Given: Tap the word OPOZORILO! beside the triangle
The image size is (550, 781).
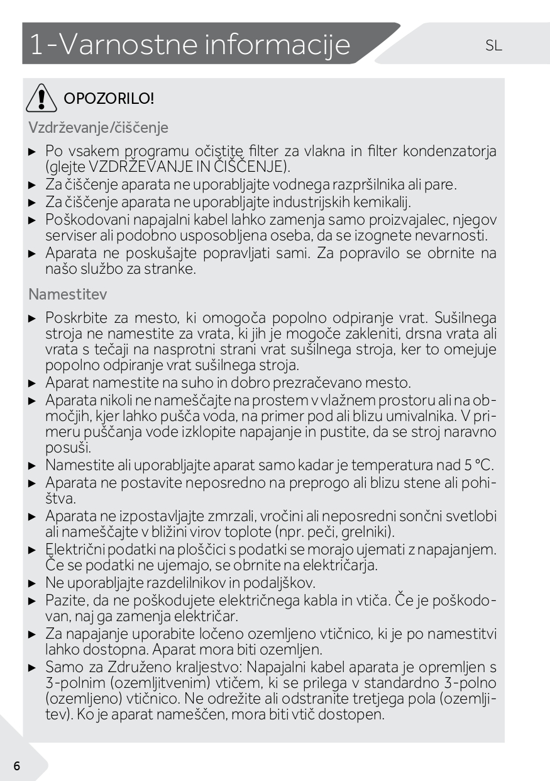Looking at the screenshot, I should pos(105,99).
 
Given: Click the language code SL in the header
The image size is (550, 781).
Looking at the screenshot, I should pos(493,45).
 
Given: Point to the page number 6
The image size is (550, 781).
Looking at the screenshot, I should pos(16,765).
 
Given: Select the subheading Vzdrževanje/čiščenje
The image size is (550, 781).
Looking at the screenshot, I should pos(98,127).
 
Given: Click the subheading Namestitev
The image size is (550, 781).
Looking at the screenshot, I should pos(67,294).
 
